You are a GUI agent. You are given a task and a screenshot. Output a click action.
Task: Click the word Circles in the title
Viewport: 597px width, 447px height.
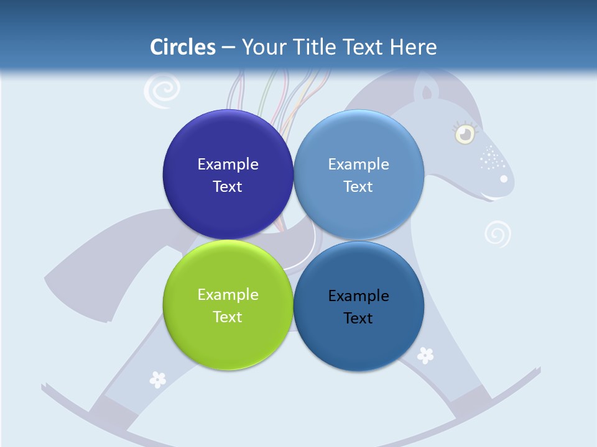point(183,47)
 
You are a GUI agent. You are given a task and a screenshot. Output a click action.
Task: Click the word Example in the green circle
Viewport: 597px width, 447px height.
point(228,294)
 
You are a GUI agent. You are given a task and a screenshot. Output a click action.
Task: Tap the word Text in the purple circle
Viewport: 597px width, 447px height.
point(228,186)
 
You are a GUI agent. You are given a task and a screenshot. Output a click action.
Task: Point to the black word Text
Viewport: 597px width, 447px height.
point(358,318)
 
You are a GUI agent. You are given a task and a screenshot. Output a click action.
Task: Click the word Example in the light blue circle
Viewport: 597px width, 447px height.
point(358,164)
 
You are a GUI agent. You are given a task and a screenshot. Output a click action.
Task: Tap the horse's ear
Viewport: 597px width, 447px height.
point(426,92)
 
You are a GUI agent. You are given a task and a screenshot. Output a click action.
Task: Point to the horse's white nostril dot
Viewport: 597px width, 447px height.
point(504,179)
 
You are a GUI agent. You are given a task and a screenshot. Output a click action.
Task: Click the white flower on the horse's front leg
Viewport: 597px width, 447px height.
point(425,355)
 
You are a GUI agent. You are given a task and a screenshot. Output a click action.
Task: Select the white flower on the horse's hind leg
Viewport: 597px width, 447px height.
point(158,379)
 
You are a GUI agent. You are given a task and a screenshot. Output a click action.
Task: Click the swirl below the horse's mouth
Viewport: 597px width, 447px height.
point(497,234)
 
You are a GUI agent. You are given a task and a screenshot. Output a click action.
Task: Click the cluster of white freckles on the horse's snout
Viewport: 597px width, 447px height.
point(492,158)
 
